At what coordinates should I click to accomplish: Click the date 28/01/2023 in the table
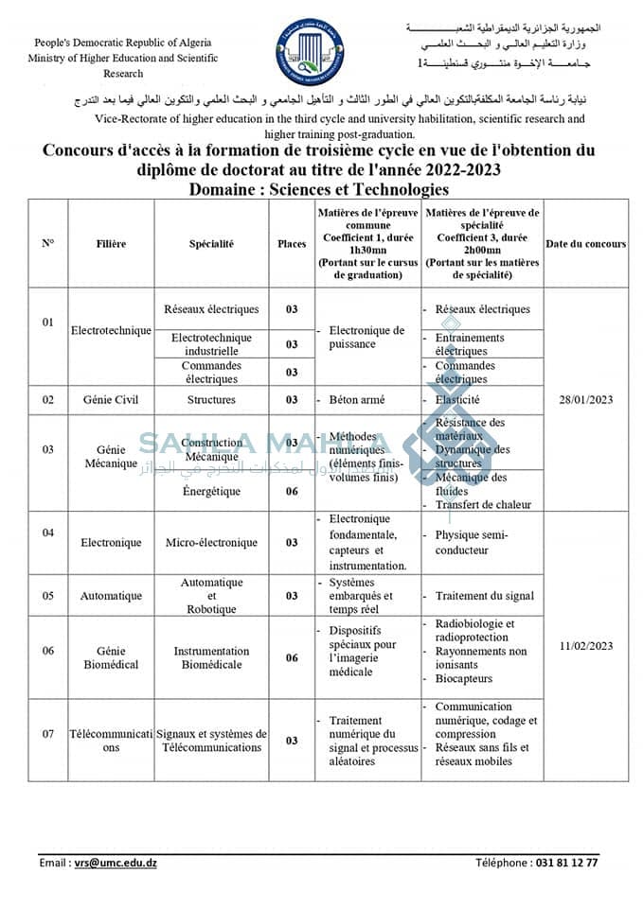(586, 399)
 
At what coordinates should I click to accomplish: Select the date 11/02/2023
(586, 646)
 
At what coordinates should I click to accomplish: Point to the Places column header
(292, 244)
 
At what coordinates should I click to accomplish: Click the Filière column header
(111, 244)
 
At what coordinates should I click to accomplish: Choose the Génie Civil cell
(110, 400)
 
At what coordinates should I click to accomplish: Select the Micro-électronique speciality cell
(211, 543)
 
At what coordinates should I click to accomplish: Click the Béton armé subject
(357, 400)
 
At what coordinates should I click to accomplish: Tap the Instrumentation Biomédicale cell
(211, 657)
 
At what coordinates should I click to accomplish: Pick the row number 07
(48, 734)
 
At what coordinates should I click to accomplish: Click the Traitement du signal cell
(484, 596)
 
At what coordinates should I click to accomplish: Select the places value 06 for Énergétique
(292, 492)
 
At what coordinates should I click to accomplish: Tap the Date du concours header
(585, 244)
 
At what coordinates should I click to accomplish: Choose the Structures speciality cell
(211, 400)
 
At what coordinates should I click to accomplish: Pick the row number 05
(48, 596)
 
